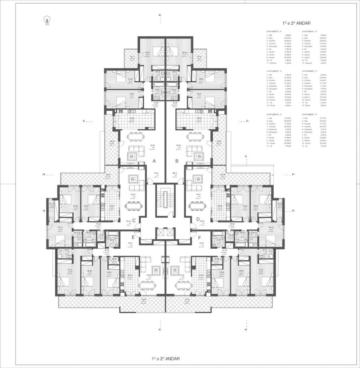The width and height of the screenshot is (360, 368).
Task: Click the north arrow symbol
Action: pos(47,20)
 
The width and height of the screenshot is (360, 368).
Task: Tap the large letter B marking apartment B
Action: pos(176,161)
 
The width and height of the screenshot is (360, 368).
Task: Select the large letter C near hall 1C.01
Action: pos(134,219)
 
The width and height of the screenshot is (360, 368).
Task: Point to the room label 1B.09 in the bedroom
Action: pos(184,52)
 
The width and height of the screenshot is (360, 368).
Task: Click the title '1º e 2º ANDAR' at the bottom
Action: pos(166,358)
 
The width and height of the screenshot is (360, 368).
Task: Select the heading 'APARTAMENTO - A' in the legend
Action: pos(274,31)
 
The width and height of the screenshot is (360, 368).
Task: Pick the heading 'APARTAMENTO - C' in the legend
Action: pos(274,71)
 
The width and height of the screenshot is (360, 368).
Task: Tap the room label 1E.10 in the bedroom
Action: pos(70,271)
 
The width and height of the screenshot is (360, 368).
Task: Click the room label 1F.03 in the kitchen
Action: pos(202,275)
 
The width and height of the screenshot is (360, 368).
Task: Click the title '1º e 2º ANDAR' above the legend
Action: pos(296,23)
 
